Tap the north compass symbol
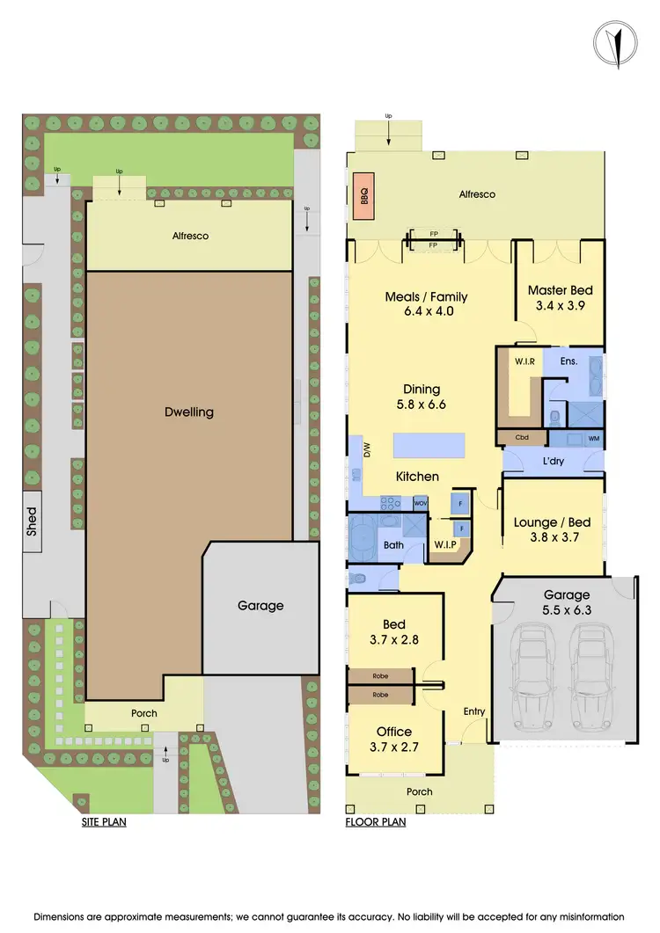[x=617, y=41]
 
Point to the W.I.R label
[x=513, y=361]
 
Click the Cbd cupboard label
[x=521, y=437]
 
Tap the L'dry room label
[x=553, y=462]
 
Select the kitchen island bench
[x=429, y=447]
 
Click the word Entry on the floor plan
[x=474, y=711]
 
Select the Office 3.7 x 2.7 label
[x=393, y=739]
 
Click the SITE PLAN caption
[x=104, y=823]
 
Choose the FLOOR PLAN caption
[x=376, y=823]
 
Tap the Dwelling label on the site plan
[x=189, y=412]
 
